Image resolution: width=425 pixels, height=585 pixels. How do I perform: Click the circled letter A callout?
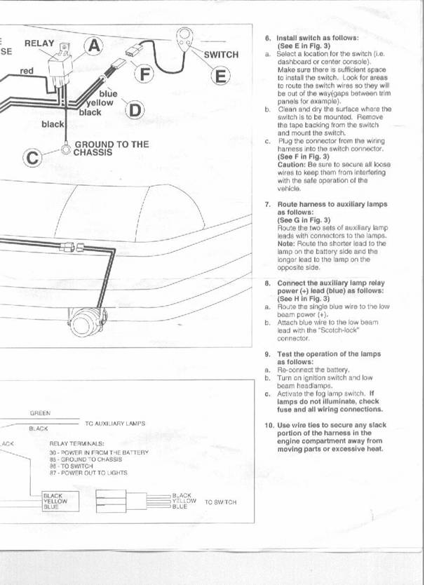point(95,46)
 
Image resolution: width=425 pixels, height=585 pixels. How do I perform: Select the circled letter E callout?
point(220,76)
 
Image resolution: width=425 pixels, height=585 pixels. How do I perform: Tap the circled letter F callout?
point(144,74)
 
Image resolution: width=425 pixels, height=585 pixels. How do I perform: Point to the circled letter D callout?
point(135,110)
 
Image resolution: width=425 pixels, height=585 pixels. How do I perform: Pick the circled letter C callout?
point(32,158)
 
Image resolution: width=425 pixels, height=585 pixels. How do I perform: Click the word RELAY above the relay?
point(39,43)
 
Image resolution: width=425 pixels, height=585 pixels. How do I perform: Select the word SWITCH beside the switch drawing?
point(221,55)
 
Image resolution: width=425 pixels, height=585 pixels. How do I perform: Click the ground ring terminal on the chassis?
point(66,149)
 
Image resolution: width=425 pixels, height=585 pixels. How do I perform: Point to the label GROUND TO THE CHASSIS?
point(112,148)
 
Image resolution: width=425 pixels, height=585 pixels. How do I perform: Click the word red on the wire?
point(27,71)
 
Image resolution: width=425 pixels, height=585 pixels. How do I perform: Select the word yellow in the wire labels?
point(100,102)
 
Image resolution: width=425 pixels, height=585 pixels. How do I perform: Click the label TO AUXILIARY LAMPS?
point(115,424)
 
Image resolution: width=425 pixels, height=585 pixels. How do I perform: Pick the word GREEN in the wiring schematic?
point(40,413)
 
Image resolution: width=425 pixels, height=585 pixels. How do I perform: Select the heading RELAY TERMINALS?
point(76,443)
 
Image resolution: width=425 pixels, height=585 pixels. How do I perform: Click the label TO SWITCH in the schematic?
point(220,502)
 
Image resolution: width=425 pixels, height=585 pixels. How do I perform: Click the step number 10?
point(269,425)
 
